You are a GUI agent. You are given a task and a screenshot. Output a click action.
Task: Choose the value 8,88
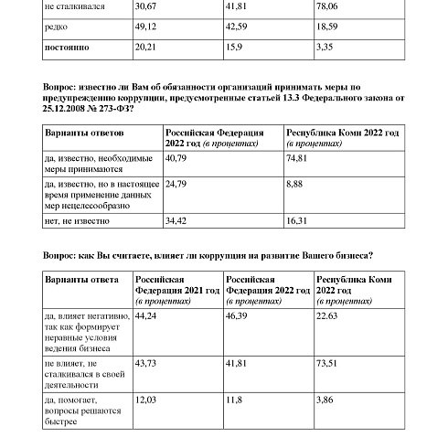[x=296, y=184]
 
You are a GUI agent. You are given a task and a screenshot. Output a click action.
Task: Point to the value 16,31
[x=299, y=220]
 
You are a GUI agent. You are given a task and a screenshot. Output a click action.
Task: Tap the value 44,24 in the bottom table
[x=146, y=314]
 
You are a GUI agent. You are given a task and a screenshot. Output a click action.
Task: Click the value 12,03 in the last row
[x=146, y=400]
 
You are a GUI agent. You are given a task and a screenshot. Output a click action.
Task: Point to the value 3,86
[x=325, y=400]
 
